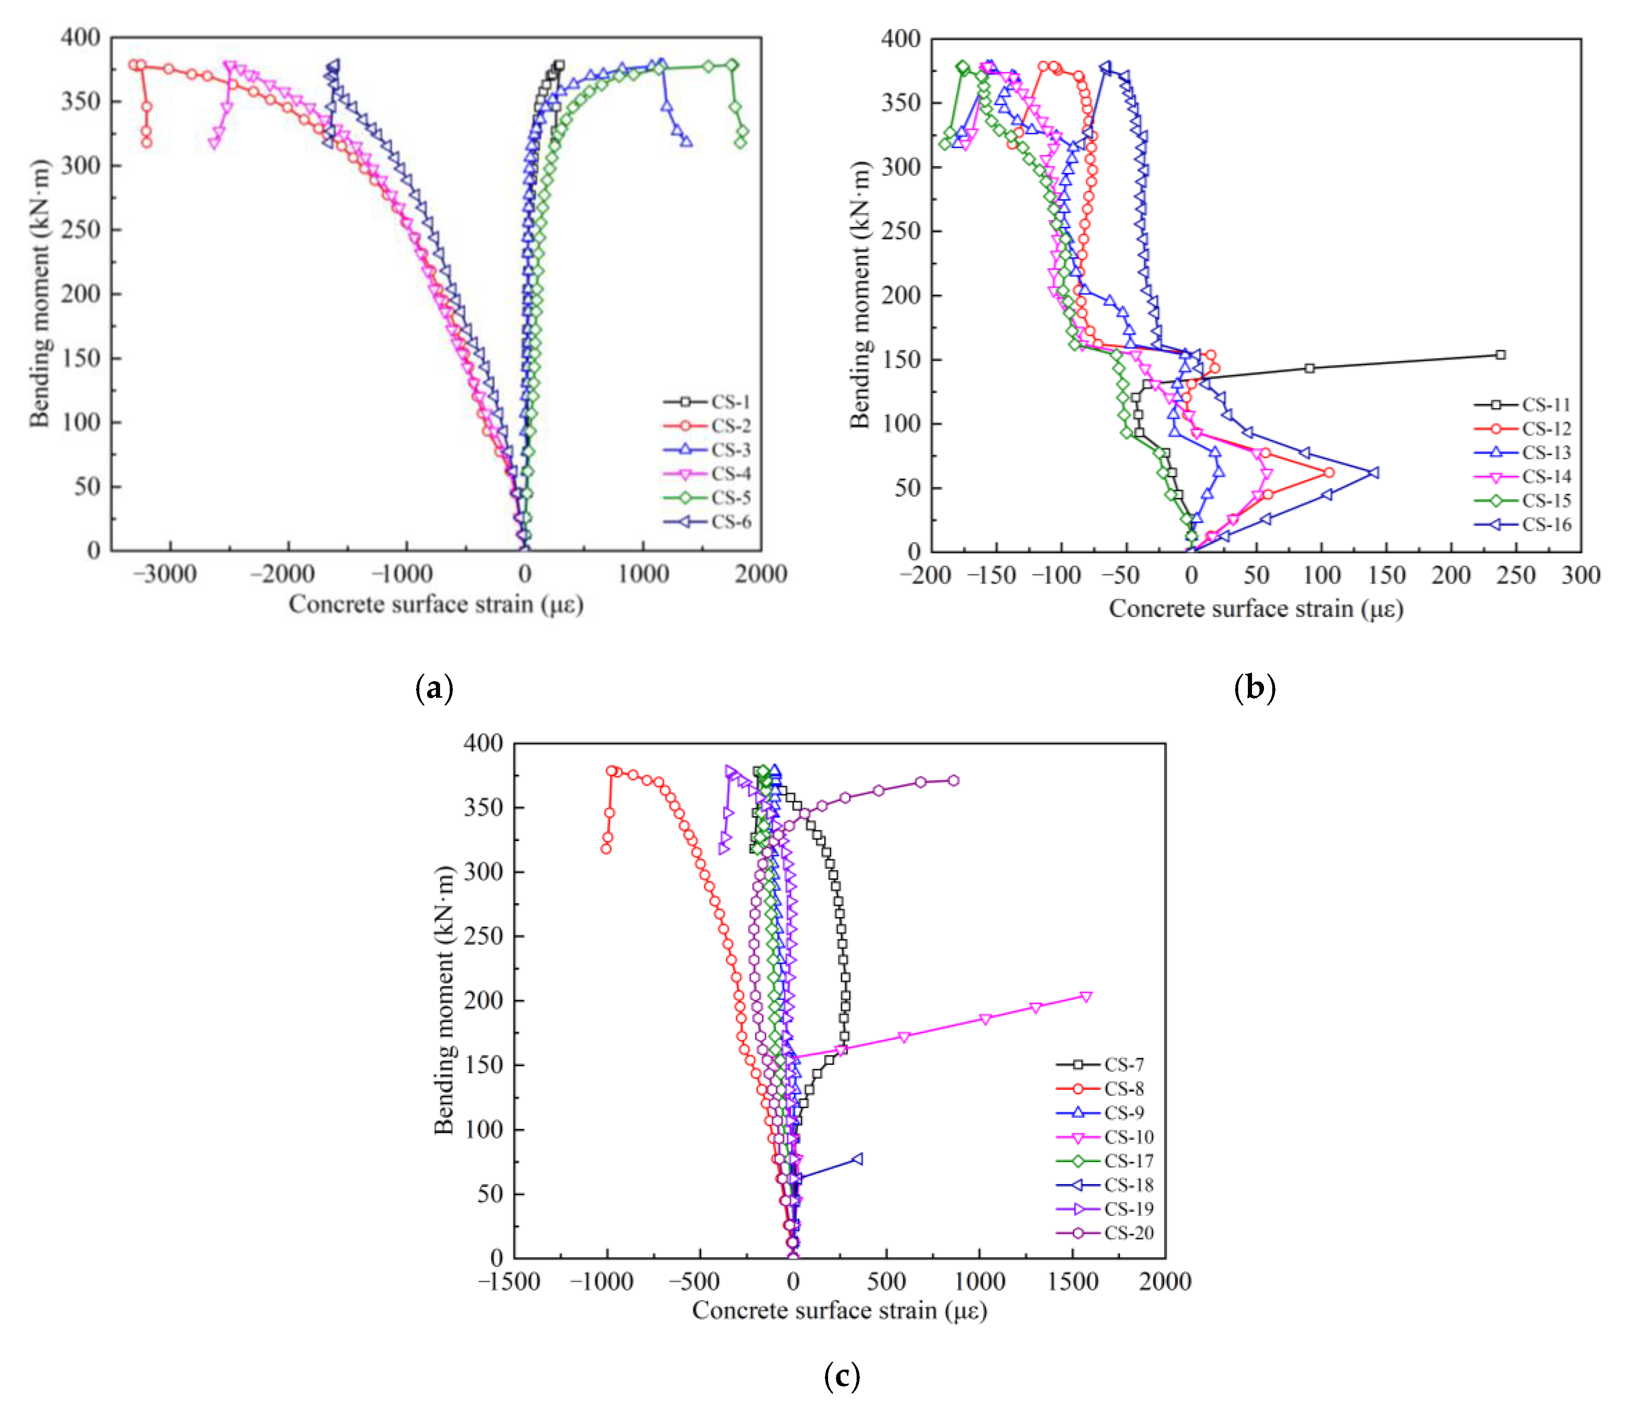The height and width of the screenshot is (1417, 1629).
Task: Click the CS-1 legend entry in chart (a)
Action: point(708,402)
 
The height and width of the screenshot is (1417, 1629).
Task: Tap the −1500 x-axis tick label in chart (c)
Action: point(509,1281)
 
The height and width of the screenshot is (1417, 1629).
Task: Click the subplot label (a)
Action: point(434,688)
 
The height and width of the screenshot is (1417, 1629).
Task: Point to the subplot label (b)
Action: point(1255,688)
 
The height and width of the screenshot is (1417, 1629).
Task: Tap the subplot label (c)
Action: point(841,1377)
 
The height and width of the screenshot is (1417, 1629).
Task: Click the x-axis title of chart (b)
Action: point(1256,609)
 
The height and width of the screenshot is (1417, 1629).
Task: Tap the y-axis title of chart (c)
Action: point(444,1001)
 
